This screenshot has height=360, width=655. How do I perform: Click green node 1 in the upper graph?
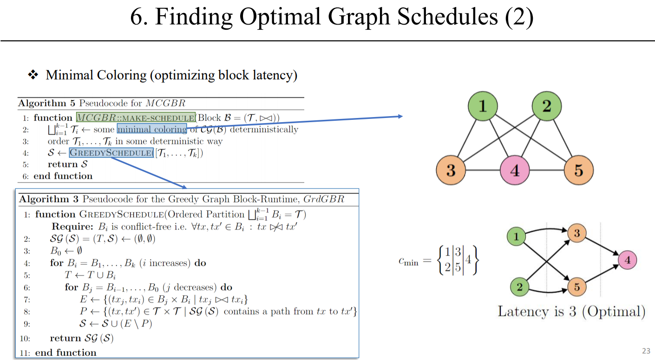point(483,107)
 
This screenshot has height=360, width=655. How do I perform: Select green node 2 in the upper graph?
point(546,107)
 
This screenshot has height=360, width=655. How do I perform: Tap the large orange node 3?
point(451,170)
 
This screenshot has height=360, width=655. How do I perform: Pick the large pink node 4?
point(515,170)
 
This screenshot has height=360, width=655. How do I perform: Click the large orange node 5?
point(578,170)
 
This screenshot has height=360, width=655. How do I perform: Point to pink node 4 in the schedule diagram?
point(628,261)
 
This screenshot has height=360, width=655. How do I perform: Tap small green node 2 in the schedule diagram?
point(519,287)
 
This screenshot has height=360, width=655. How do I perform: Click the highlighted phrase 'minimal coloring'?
point(151,129)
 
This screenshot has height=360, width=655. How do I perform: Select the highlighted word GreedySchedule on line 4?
point(111,153)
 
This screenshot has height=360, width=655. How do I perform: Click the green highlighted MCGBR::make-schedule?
point(135,118)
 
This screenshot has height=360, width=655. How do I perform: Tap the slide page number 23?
point(646,351)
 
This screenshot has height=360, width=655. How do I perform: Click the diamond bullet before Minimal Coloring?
point(33,75)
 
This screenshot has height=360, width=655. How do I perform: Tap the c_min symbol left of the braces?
point(408,262)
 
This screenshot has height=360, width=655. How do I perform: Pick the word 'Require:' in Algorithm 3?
point(73,227)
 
